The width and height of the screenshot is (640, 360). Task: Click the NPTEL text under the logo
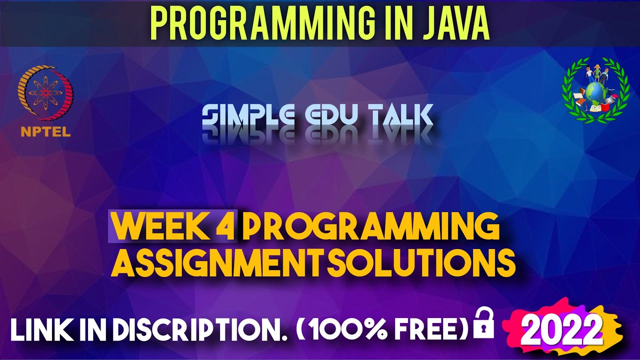pos(45,132)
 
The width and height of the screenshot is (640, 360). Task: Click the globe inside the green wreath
pos(594,93)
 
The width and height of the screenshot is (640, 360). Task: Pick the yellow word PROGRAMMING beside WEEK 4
pos(370,227)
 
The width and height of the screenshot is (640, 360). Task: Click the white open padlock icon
pos(483,323)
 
